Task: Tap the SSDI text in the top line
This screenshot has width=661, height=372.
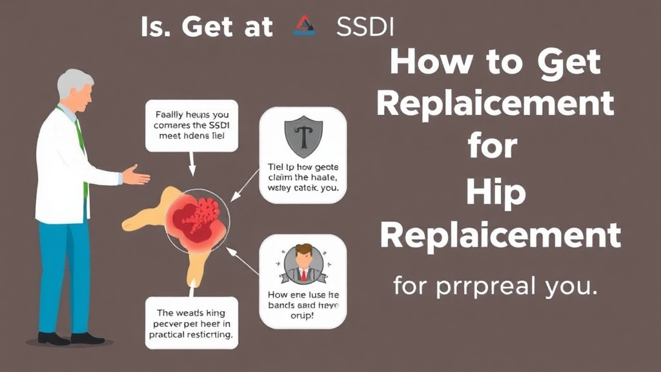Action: click(364, 27)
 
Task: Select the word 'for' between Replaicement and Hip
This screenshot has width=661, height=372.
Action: click(493, 147)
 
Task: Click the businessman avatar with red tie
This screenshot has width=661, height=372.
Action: click(303, 263)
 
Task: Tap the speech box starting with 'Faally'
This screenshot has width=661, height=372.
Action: click(192, 126)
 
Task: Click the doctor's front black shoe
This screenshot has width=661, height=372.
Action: click(88, 338)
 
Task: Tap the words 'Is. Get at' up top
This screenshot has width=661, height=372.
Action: click(207, 27)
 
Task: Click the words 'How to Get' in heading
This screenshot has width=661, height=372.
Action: click(495, 63)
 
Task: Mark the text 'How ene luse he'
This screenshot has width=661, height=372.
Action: click(302, 294)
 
